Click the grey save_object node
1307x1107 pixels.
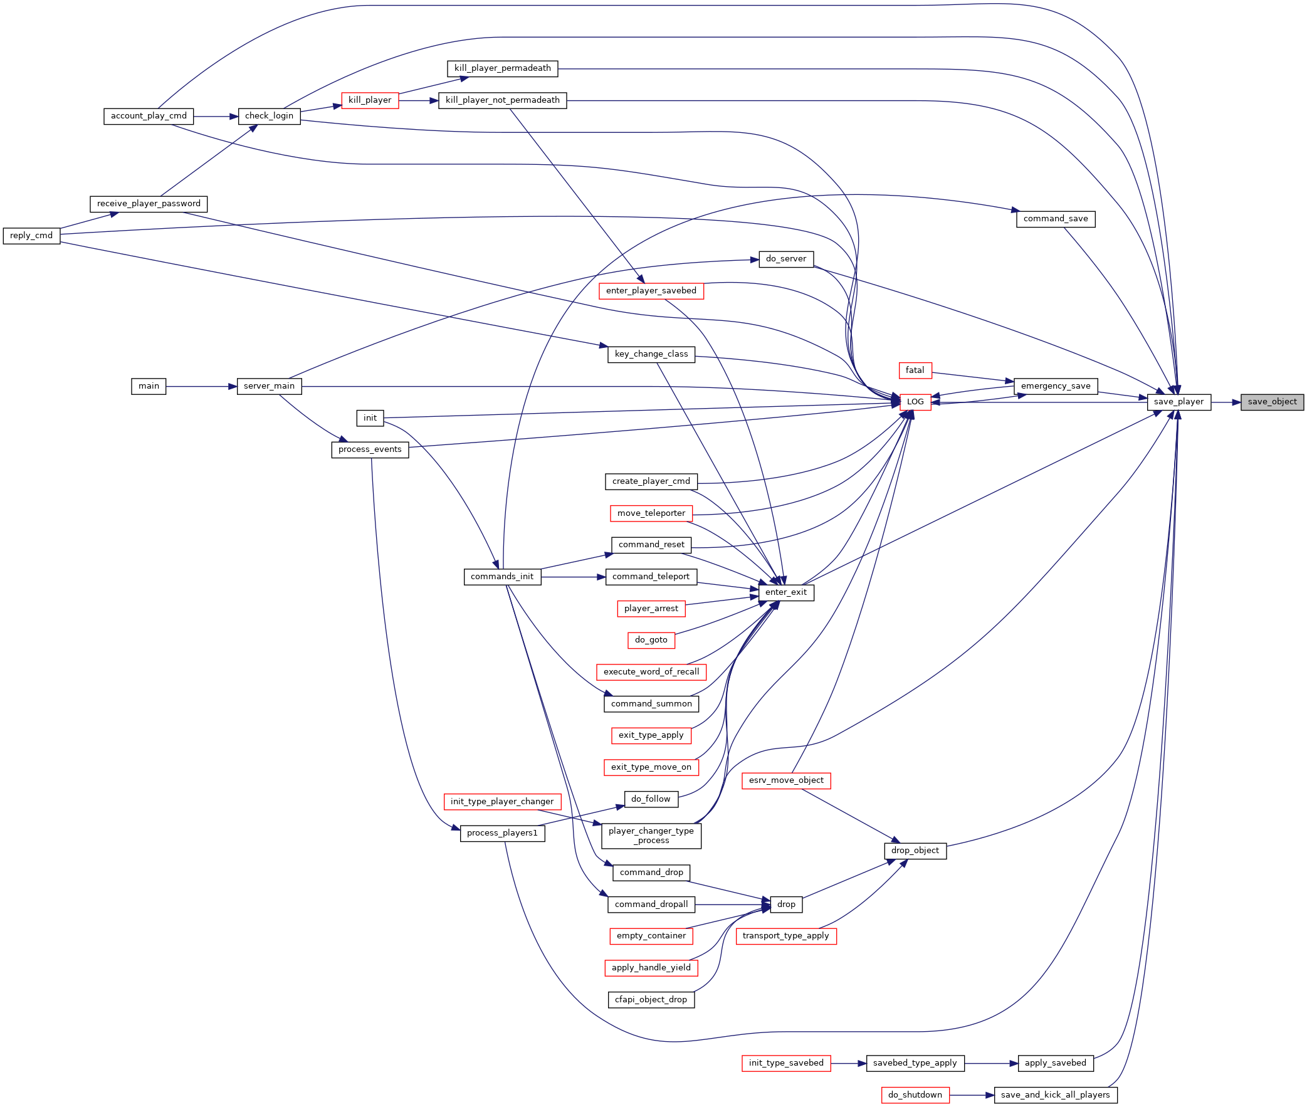1272,402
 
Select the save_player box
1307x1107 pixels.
1178,402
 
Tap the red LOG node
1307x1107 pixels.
915,402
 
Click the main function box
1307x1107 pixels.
149,386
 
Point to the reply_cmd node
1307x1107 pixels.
31,235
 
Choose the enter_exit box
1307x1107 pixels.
785,592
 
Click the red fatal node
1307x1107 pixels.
915,370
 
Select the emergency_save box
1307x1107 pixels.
1056,386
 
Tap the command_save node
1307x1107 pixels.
1056,219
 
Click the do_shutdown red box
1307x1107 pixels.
915,1095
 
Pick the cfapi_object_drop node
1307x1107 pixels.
651,1000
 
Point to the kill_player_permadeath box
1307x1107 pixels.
503,68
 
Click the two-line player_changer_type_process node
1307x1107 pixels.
651,836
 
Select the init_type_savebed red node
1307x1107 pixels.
785,1063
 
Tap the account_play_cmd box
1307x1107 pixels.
149,116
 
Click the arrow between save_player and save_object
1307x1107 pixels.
1226,402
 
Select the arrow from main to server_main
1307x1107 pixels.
201,386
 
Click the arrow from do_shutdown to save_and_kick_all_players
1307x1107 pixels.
972,1095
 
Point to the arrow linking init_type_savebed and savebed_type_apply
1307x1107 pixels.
848,1063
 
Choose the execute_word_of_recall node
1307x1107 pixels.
651,672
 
